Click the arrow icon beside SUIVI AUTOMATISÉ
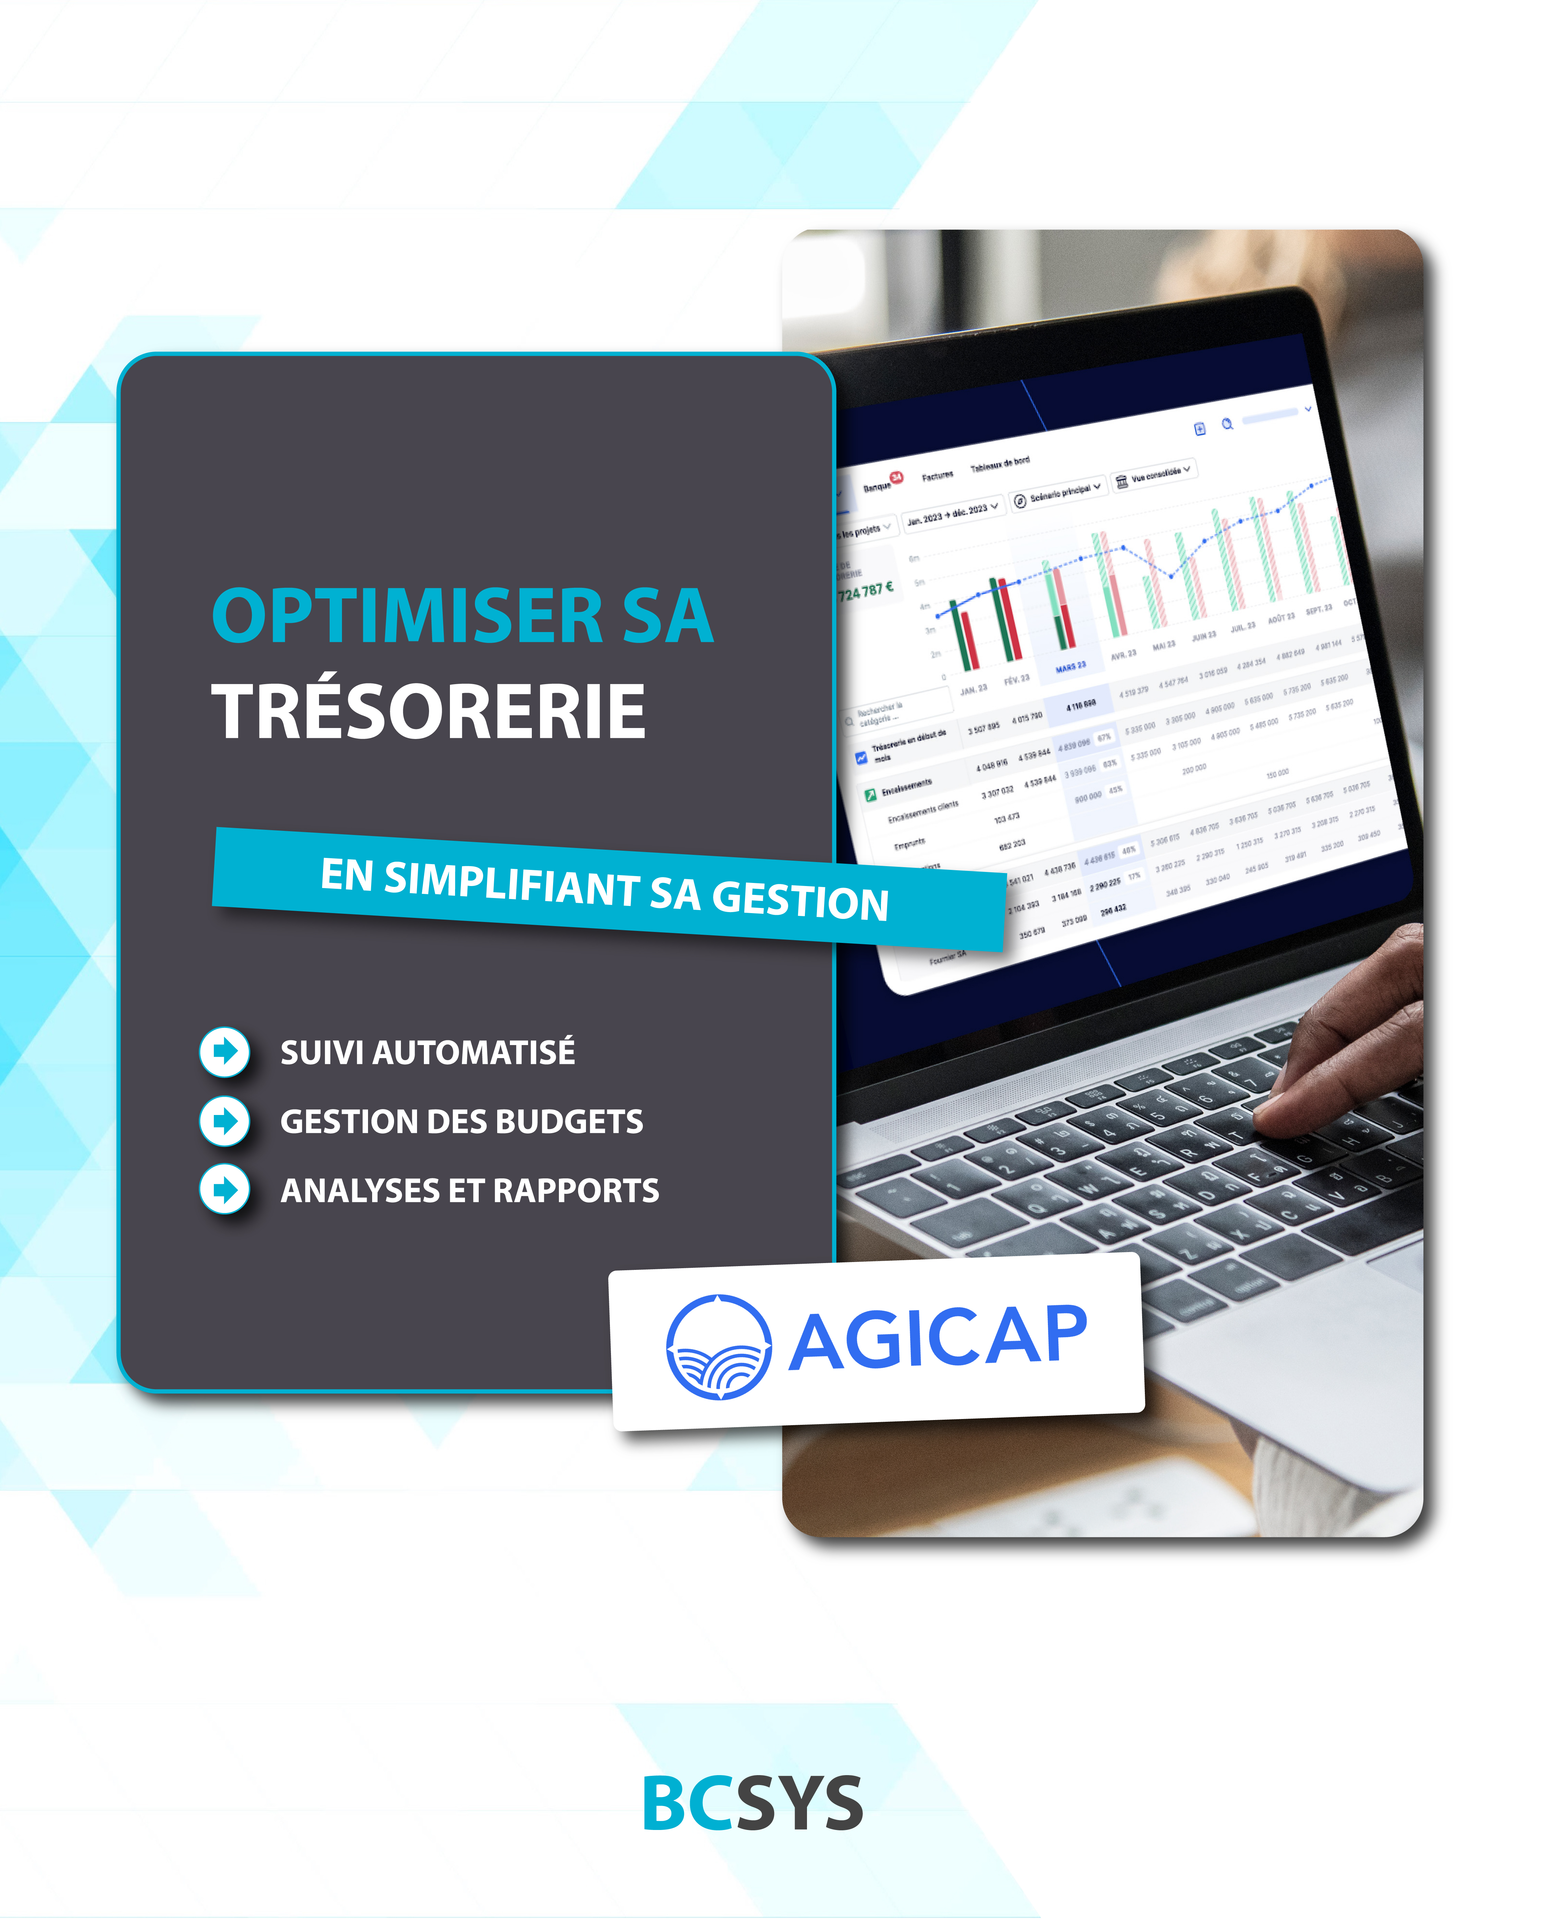click(224, 1052)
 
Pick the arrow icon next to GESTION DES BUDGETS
click(224, 1120)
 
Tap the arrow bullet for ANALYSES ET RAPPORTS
click(224, 1189)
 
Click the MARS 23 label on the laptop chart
click(1070, 667)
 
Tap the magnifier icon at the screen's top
click(1227, 424)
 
